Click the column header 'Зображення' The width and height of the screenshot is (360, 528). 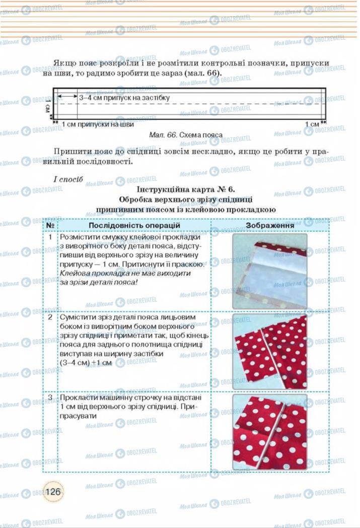(x=270, y=225)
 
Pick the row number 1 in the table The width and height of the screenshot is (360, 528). (x=50, y=237)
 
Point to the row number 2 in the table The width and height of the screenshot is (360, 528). (x=50, y=317)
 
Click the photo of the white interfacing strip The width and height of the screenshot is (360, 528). (x=270, y=271)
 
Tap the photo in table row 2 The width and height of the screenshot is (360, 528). (x=270, y=352)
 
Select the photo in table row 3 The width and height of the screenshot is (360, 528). (x=270, y=432)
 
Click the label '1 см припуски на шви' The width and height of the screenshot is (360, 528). (x=98, y=123)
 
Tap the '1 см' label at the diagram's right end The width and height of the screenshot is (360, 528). (x=313, y=123)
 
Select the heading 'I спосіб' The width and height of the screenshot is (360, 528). (x=67, y=179)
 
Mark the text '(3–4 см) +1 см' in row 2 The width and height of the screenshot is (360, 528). (x=86, y=363)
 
